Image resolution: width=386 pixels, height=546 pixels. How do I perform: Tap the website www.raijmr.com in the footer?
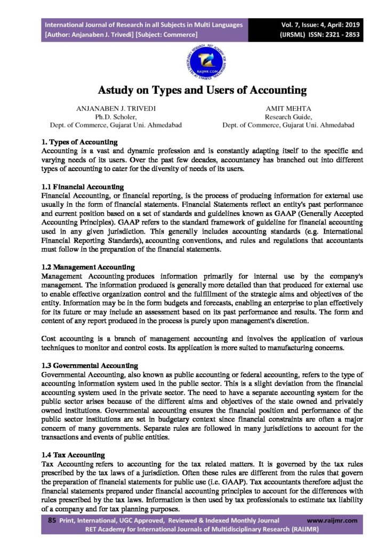pyautogui.click(x=332, y=520)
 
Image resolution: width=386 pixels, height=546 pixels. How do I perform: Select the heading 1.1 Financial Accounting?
pyautogui.click(x=83, y=187)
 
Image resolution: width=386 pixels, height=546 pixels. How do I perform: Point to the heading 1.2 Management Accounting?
pyautogui.click(x=88, y=267)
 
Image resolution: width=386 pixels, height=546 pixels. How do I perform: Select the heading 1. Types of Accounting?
pyautogui.click(x=79, y=142)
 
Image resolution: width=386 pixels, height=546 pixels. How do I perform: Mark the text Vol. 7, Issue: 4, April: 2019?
pyautogui.click(x=320, y=25)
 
